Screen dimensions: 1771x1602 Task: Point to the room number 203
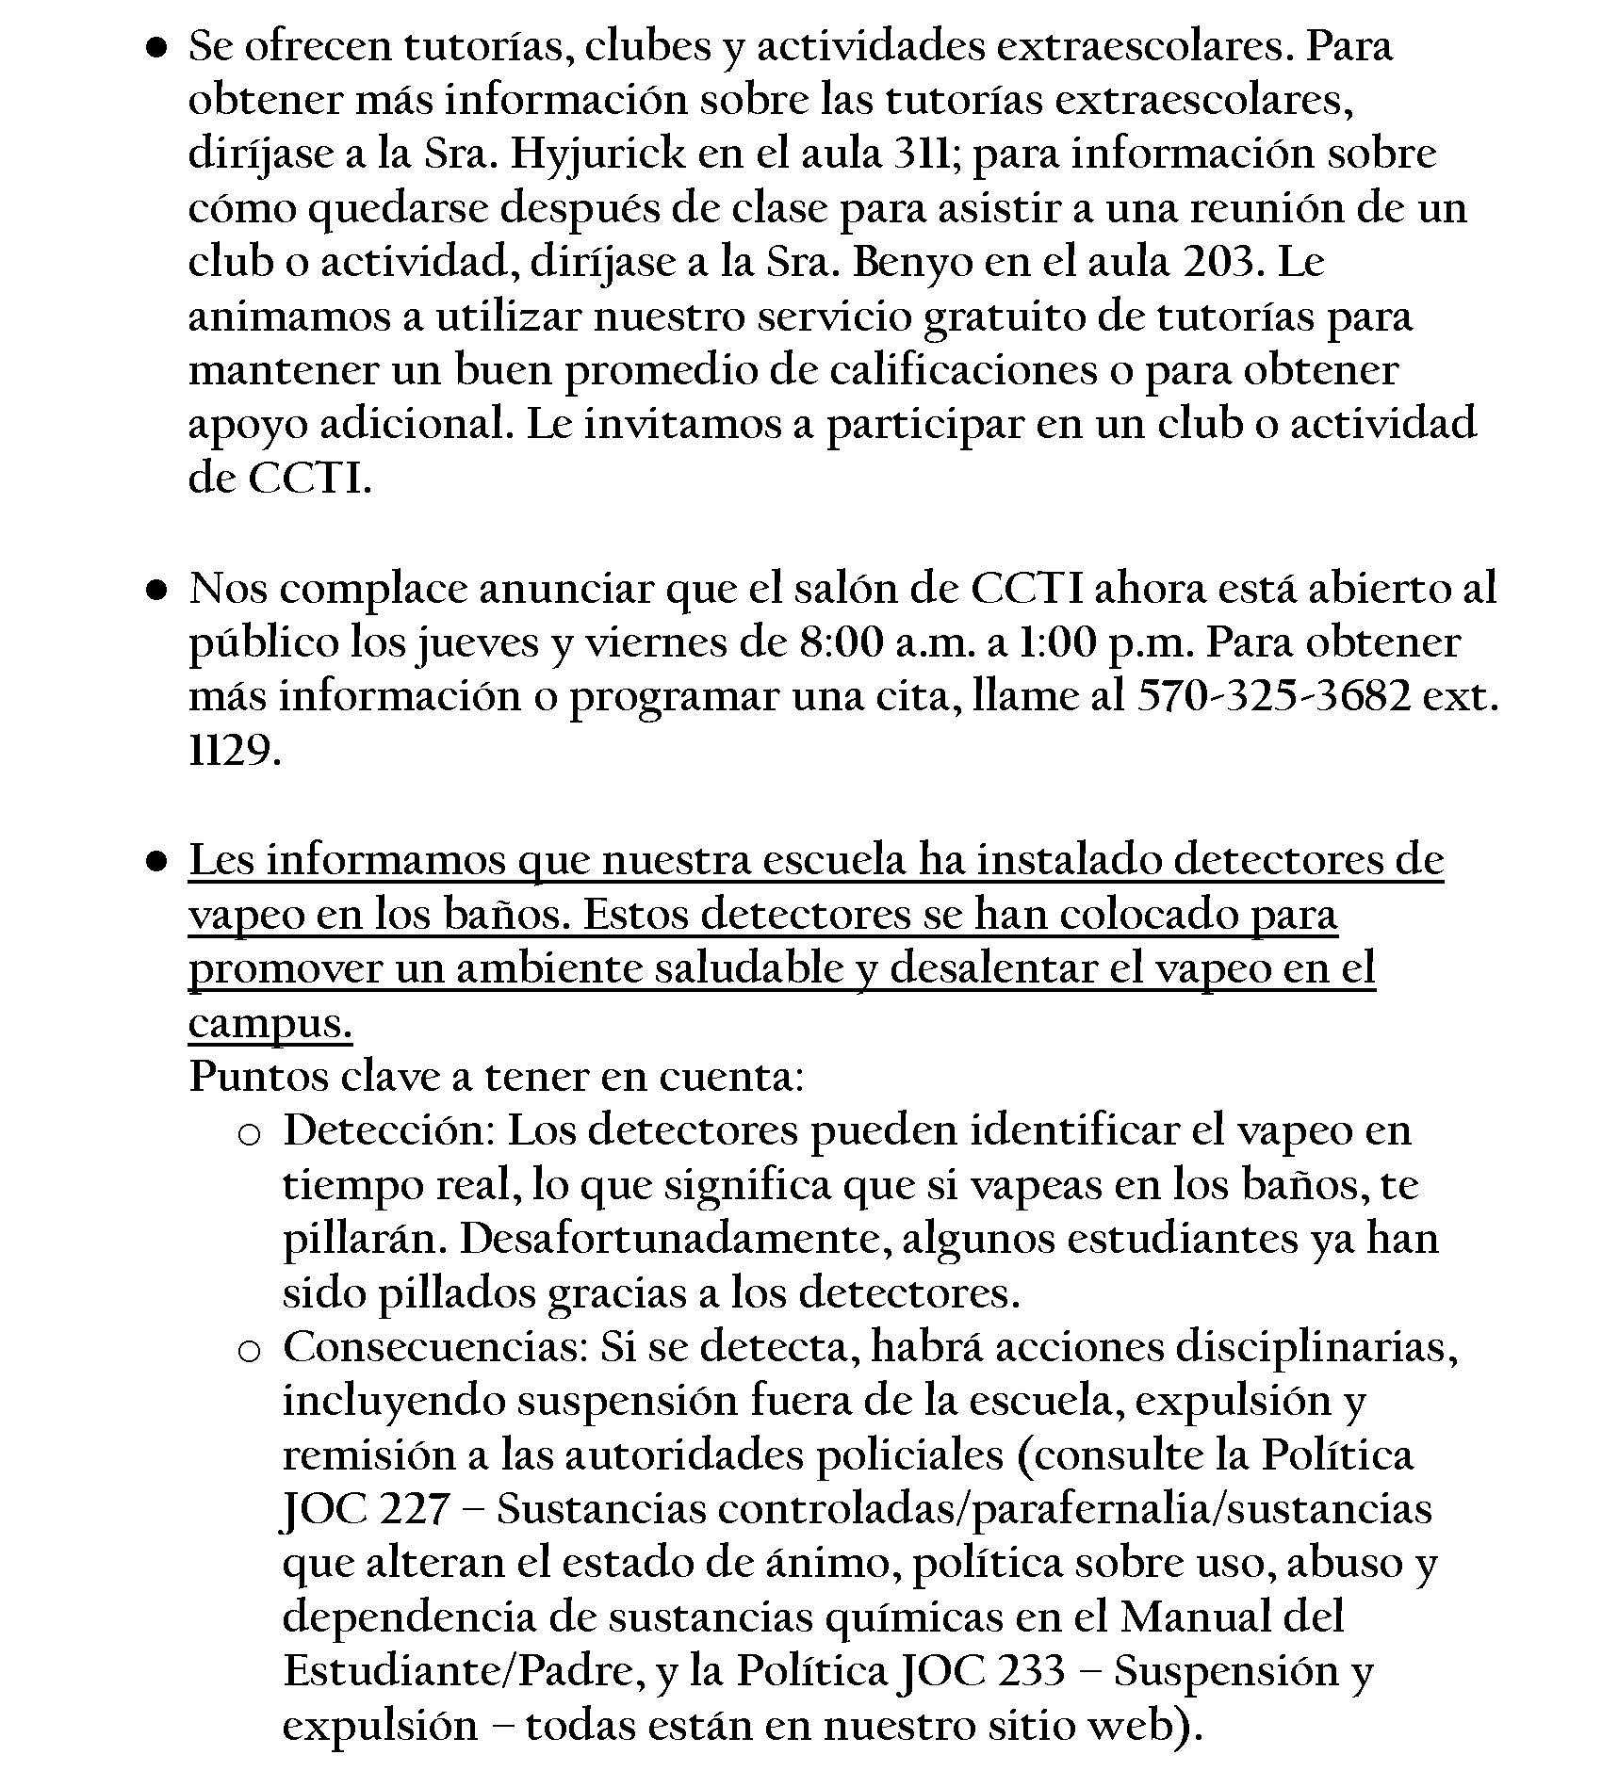[1221, 263]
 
